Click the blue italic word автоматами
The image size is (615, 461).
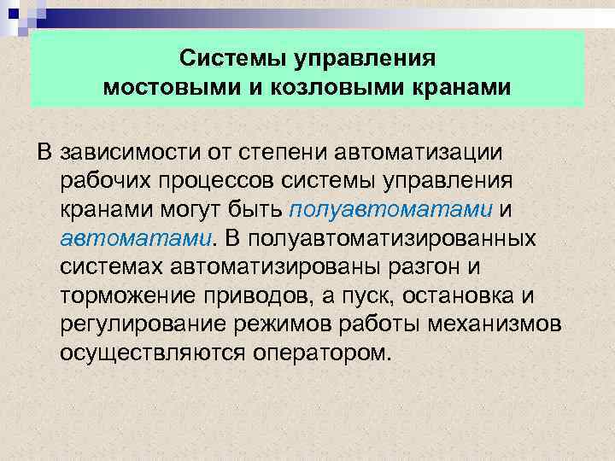point(136,237)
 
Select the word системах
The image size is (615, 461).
point(113,266)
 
